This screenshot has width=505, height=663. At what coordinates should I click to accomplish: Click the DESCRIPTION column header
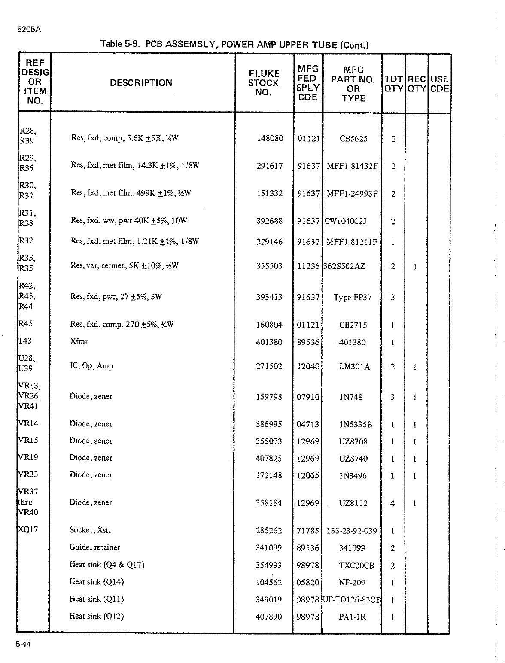141,83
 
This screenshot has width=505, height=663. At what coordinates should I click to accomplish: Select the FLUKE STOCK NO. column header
264,83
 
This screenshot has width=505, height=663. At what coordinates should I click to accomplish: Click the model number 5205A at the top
26,30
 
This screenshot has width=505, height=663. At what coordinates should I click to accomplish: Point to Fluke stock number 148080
270,139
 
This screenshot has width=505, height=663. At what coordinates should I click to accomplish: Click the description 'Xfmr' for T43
79,342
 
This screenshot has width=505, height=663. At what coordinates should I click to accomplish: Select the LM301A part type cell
354,367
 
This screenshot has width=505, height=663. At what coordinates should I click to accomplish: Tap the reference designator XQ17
28,530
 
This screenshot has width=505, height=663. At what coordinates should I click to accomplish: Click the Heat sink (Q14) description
96,582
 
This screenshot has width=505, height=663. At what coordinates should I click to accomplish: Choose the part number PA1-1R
352,617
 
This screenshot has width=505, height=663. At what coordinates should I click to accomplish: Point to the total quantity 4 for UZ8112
392,503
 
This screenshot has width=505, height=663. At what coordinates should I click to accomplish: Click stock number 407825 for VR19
269,459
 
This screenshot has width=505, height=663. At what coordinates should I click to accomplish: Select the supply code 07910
308,397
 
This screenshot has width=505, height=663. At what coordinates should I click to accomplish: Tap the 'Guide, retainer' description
94,547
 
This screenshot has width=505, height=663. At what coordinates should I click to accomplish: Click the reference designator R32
26,241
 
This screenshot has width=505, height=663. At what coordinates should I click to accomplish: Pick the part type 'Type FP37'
352,298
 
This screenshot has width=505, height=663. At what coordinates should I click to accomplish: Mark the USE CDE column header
439,84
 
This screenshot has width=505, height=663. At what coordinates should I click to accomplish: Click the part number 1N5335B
355,425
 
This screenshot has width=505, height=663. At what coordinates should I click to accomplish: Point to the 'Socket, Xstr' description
90,530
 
